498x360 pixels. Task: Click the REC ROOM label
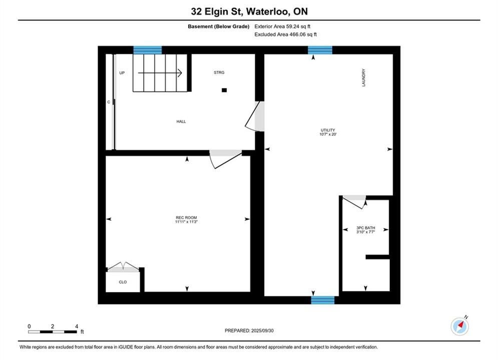186,217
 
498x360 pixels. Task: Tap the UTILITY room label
328,130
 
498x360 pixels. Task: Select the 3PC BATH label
365,227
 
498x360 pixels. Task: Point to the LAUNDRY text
364,77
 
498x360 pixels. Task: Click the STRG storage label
219,72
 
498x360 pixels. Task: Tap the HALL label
181,121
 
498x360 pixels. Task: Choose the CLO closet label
123,282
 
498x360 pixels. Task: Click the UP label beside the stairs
122,73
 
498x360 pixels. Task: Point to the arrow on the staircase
160,73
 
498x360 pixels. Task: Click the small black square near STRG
224,90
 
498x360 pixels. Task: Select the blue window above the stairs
147,50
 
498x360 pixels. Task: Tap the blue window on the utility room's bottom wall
323,300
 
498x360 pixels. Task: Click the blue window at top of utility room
320,50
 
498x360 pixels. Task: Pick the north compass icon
459,325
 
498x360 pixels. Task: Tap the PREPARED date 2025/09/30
249,330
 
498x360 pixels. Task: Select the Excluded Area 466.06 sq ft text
285,34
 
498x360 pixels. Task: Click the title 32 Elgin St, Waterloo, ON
249,11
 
